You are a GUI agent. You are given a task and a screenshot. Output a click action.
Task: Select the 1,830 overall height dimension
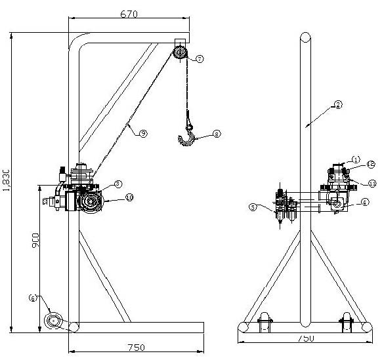[x=6, y=180]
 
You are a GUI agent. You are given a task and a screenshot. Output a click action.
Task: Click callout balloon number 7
[x=200, y=58]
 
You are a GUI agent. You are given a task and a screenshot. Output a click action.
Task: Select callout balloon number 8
[x=217, y=136]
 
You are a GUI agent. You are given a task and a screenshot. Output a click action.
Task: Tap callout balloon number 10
[x=129, y=196]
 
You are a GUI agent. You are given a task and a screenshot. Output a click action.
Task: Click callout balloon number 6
[x=32, y=298]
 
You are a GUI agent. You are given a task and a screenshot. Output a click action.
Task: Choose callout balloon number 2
[x=338, y=104]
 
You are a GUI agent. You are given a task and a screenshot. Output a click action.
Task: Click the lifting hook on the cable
[x=188, y=136]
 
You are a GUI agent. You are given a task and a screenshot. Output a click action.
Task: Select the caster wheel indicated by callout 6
[x=54, y=321]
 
